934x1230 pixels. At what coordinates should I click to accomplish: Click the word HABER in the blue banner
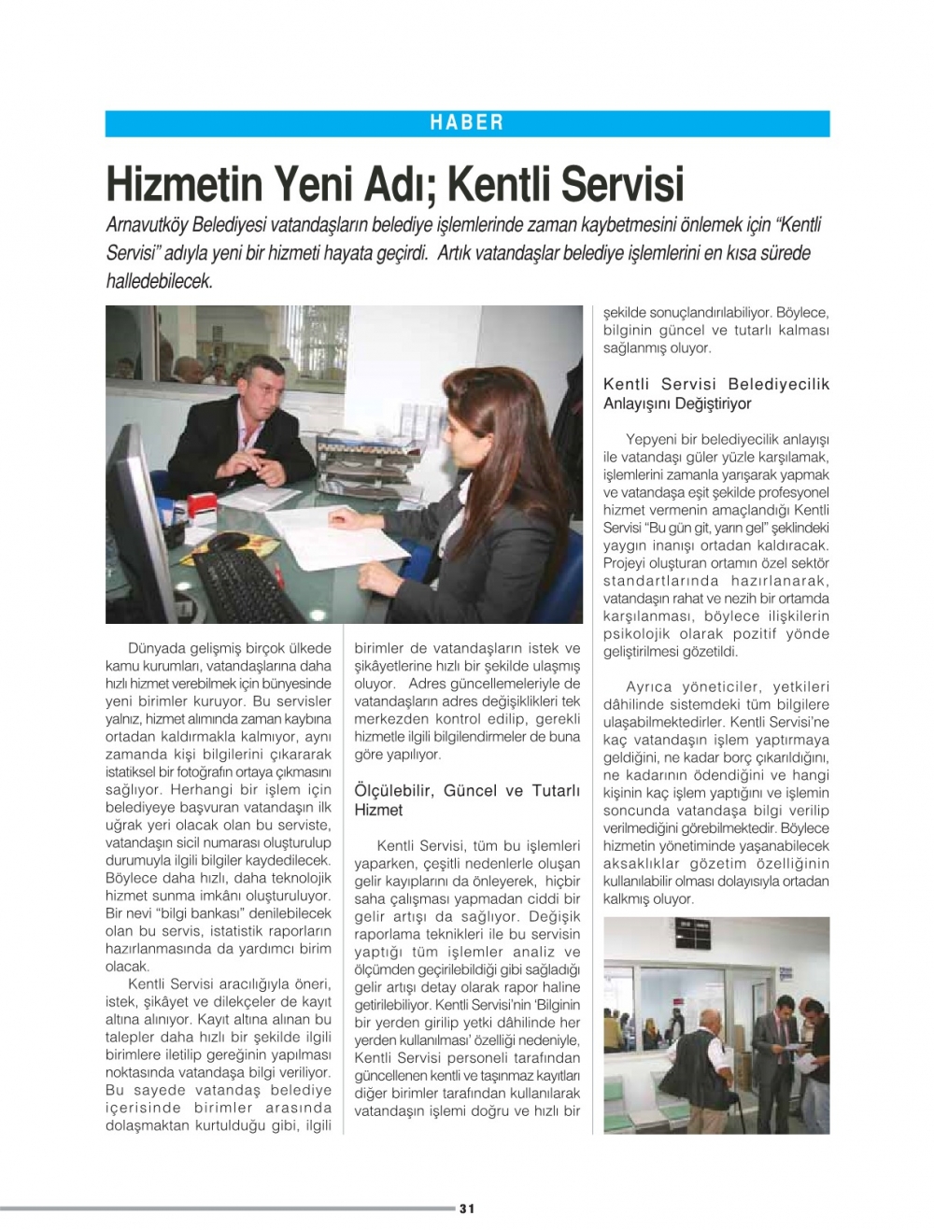[x=467, y=122]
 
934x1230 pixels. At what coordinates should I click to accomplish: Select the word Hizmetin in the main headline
[x=184, y=183]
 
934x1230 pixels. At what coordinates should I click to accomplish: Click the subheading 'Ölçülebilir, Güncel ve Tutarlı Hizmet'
[x=467, y=799]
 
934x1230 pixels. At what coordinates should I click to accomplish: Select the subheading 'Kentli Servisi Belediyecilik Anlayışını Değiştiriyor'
[x=715, y=393]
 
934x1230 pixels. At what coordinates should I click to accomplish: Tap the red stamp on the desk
[x=202, y=504]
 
